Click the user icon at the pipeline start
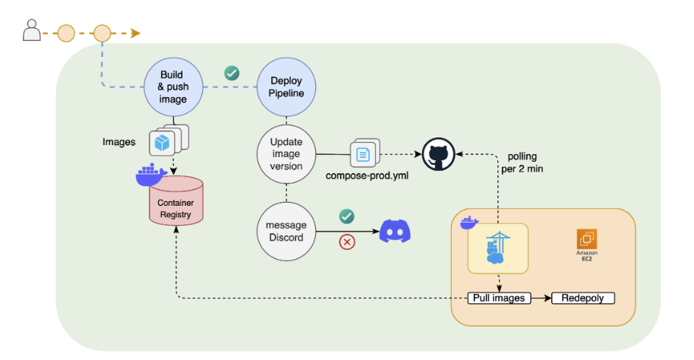coord(31,31)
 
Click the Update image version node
coord(285,156)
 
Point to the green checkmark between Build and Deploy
coord(232,74)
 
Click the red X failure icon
coord(347,242)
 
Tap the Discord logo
coord(394,230)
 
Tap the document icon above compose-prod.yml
coord(363,155)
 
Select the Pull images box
coord(498,298)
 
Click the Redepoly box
coord(582,298)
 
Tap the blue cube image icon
coord(162,142)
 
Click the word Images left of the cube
coord(119,142)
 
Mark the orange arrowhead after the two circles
coord(135,33)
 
